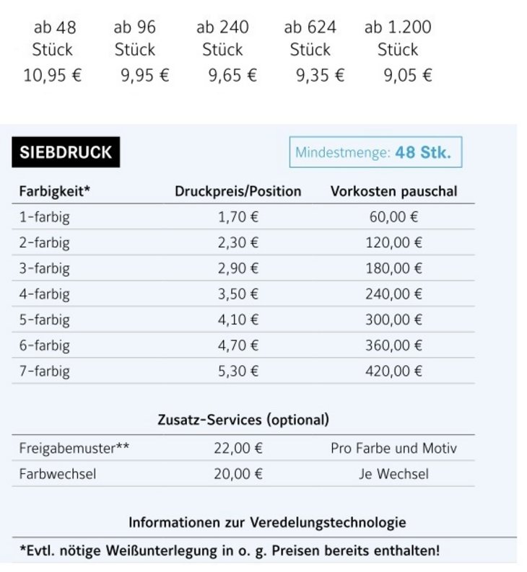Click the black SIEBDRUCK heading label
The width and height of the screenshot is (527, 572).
click(x=66, y=153)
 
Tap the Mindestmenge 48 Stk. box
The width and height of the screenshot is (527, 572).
click(x=375, y=153)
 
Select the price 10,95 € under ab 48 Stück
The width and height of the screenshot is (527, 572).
click(x=53, y=76)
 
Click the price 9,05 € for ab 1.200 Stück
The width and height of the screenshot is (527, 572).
click(x=408, y=76)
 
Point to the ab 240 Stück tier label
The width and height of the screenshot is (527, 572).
click(x=222, y=38)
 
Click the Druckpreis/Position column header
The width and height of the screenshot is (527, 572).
click(x=238, y=191)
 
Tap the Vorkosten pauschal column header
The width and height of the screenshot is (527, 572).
click(x=393, y=191)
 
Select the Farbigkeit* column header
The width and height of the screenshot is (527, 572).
click(x=55, y=191)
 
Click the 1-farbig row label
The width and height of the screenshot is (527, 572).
click(x=44, y=216)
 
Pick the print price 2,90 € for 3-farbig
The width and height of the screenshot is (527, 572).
click(x=238, y=268)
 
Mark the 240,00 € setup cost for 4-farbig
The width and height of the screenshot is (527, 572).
click(x=394, y=294)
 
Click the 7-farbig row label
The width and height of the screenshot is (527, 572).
click(x=45, y=371)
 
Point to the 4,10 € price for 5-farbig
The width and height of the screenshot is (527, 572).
click(x=238, y=320)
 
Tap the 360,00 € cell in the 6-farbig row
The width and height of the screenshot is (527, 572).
click(x=394, y=346)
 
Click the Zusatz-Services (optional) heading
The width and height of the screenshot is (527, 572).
click(x=243, y=419)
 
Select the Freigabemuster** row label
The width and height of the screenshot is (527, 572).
click(x=74, y=449)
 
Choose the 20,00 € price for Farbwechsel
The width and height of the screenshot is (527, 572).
click(x=238, y=475)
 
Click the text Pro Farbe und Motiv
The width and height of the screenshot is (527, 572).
click(x=393, y=449)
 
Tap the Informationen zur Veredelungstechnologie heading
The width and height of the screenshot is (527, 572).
click(x=267, y=522)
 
